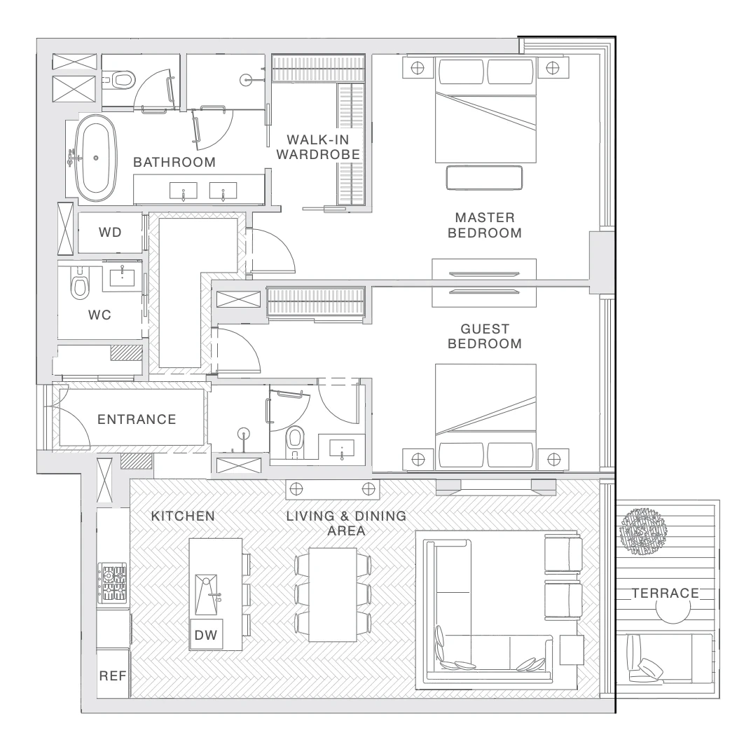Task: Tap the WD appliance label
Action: pyautogui.click(x=110, y=232)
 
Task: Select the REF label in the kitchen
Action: pyautogui.click(x=113, y=676)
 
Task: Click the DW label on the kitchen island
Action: pyautogui.click(x=206, y=635)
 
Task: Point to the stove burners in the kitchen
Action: pyautogui.click(x=113, y=583)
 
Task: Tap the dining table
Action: pyautogui.click(x=333, y=595)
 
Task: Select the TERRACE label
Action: pyautogui.click(x=666, y=594)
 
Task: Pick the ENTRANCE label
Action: pyautogui.click(x=137, y=419)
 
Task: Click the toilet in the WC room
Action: pyautogui.click(x=80, y=283)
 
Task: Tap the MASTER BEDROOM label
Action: pyautogui.click(x=485, y=225)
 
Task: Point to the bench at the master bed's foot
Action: pyautogui.click(x=484, y=177)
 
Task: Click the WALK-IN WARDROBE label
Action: pyautogui.click(x=318, y=147)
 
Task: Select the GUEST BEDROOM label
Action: pyautogui.click(x=485, y=336)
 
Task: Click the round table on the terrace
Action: pyautogui.click(x=673, y=608)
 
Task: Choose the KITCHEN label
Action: pyautogui.click(x=183, y=516)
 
